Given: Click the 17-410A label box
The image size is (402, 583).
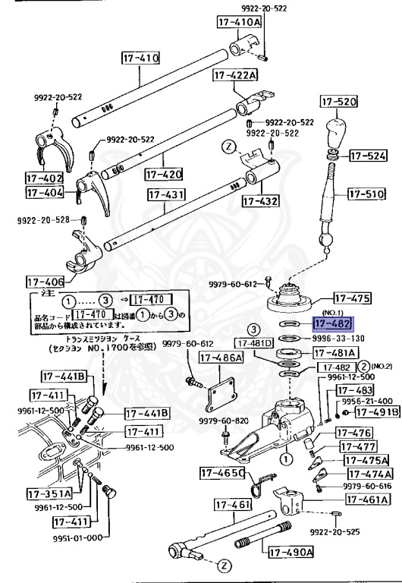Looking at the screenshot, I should tap(238, 23).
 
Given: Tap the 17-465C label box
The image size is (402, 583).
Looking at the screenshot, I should tap(222, 473).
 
